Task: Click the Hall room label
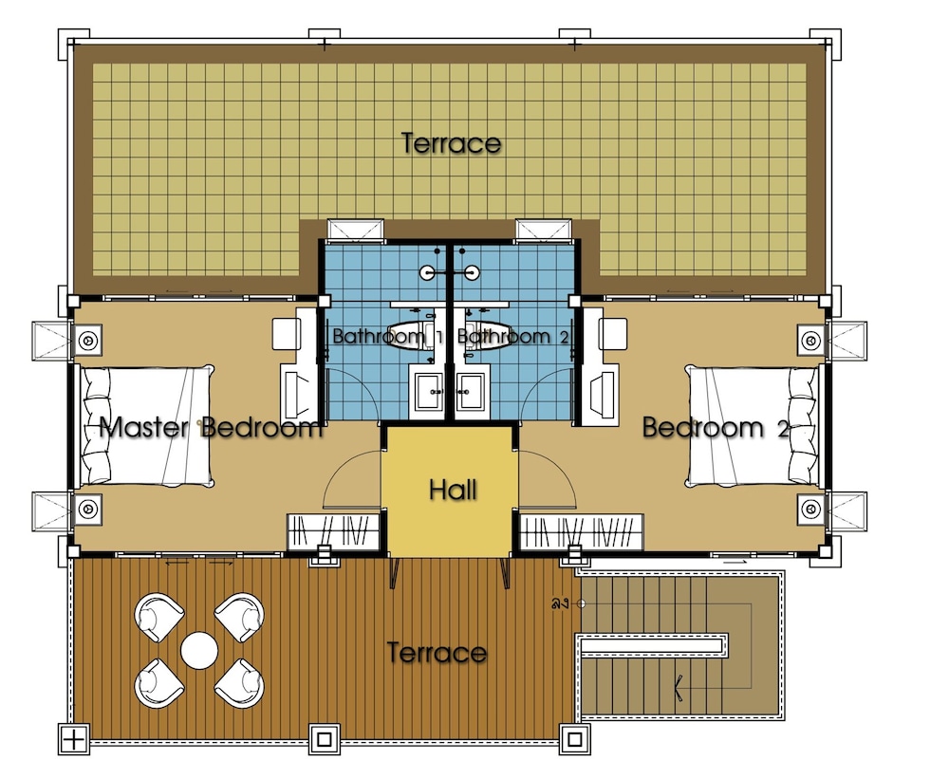pos(453,490)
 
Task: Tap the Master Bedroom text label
pos(210,427)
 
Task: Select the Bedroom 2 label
pos(716,427)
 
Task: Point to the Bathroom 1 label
pos(388,336)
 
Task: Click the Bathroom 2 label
pos(513,336)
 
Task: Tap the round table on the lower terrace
pos(199,651)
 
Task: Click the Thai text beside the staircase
pos(559,603)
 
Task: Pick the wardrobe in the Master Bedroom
pos(333,532)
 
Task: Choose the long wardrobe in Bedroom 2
pos(582,532)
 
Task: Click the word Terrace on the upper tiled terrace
pos(451,143)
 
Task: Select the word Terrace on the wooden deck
pos(437,653)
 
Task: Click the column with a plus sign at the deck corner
pos(74,739)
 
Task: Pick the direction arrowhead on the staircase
pos(679,688)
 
